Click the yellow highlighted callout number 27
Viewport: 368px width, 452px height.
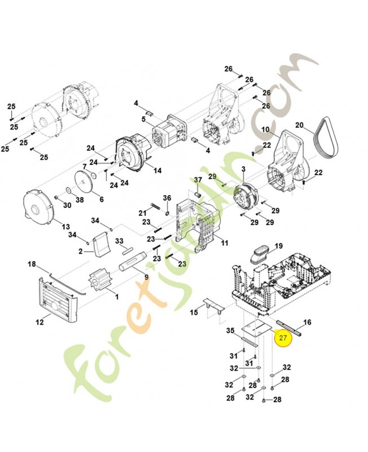283,338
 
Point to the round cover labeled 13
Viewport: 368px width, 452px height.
40,208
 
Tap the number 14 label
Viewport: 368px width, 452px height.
157,170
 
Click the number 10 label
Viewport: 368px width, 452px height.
265,129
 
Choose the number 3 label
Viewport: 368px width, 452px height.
243,169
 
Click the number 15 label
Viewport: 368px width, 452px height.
194,312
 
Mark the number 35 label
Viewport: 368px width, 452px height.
230,331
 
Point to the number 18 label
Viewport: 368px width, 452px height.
32,264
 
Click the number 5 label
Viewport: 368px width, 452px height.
143,119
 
